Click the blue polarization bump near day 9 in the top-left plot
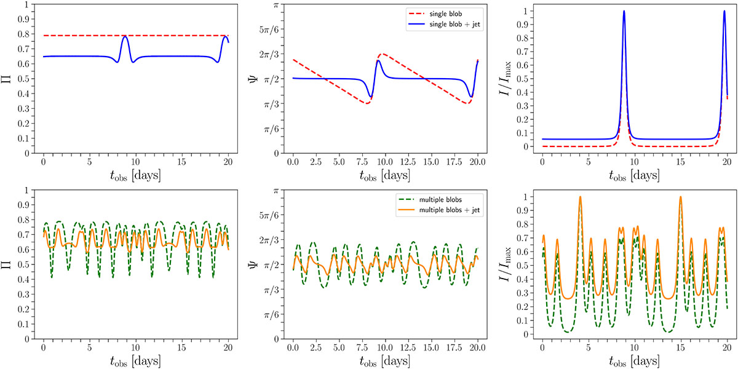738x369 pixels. tap(125, 37)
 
